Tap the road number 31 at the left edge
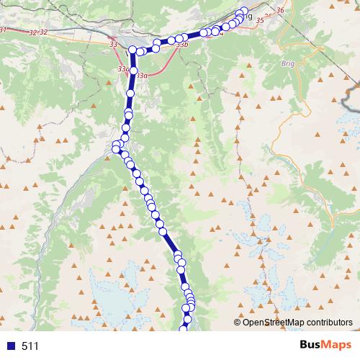tap(3, 30)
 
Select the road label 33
tap(114, 45)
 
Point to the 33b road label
tap(181, 45)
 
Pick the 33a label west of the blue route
tap(123, 68)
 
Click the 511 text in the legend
tap(30, 346)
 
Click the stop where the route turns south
tap(132, 50)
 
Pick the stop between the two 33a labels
tap(133, 71)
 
